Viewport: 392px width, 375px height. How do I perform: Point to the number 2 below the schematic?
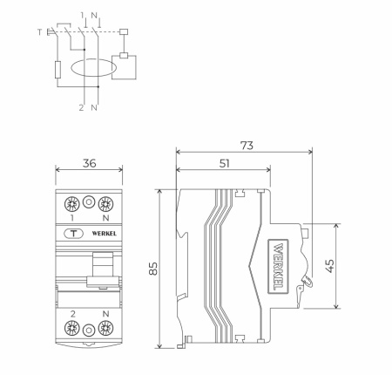pyautogui.click(x=81, y=107)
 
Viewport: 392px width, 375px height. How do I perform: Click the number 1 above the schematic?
pyautogui.click(x=82, y=15)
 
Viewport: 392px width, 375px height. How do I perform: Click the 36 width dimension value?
pyautogui.click(x=86, y=161)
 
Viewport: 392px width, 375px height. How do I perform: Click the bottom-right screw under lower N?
pyautogui.click(x=106, y=330)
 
